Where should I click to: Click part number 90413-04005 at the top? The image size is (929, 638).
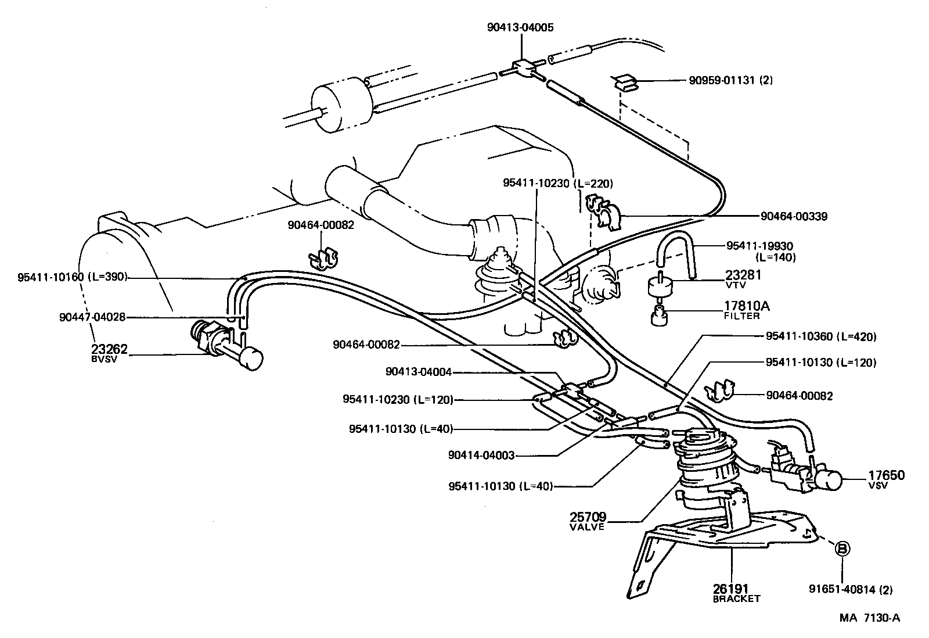click(x=520, y=27)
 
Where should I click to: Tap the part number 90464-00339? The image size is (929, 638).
click(x=794, y=217)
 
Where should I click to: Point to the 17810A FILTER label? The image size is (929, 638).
click(x=746, y=309)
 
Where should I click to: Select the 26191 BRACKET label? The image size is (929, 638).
click(x=736, y=593)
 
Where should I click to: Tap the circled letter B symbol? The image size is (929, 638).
click(x=842, y=548)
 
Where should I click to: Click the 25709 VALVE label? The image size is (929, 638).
click(x=588, y=520)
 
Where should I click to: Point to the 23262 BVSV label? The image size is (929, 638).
click(x=109, y=353)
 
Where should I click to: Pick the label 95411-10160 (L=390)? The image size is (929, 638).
click(x=71, y=277)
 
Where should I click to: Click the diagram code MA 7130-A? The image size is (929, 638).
click(x=869, y=618)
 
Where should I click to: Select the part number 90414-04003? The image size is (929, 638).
click(x=481, y=456)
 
